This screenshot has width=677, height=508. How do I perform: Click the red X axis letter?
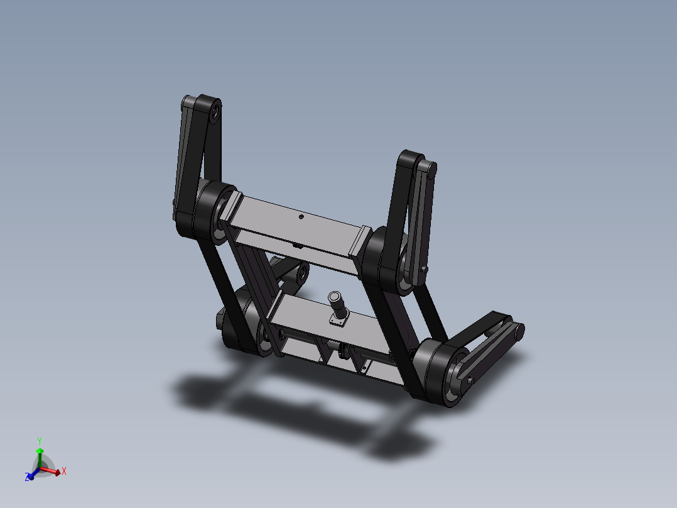pos(64,470)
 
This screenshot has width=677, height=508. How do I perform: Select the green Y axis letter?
pos(39,441)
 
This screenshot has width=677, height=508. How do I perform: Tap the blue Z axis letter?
pos(28,478)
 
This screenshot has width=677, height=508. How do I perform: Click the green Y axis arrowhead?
pos(40,450)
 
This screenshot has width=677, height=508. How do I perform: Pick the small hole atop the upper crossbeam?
pos(301,217)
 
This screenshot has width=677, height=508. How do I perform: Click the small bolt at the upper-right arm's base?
pos(425,270)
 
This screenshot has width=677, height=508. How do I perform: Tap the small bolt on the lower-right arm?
pos(470,380)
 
